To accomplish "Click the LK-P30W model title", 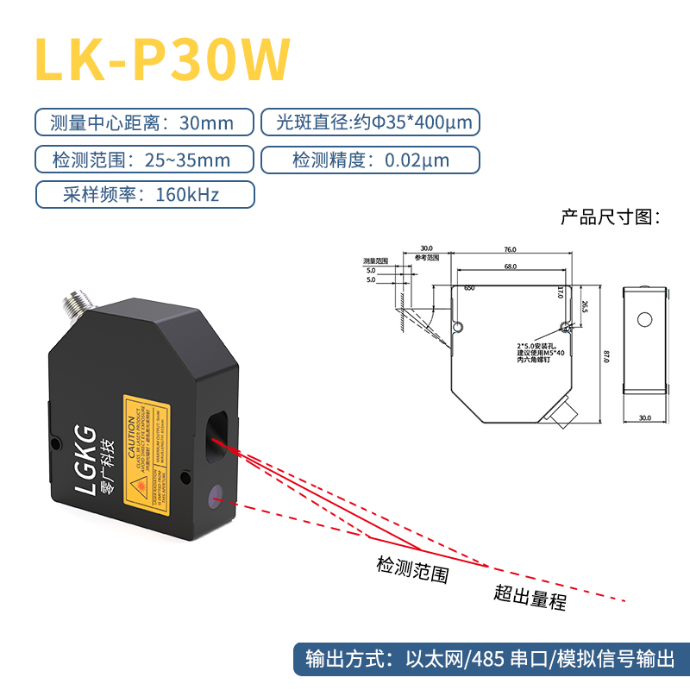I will tap(161, 60).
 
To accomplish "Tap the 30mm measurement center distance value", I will tap(206, 122).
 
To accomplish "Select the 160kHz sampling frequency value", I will tap(187, 194).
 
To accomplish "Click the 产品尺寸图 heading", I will tap(610, 216).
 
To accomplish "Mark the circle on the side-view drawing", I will tap(644, 319).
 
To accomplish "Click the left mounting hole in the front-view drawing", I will tap(459, 326).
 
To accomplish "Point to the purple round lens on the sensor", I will tap(216, 496).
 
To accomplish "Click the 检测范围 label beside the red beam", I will tap(413, 569).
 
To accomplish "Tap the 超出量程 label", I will tap(530, 596).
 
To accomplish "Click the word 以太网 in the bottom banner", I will tap(440, 661).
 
